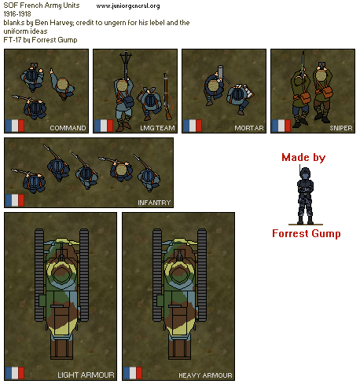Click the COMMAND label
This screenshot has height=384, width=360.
click(x=68, y=128)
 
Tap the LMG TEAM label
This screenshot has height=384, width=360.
click(x=157, y=128)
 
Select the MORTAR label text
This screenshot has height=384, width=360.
click(x=249, y=128)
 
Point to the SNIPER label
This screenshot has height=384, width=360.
click(x=341, y=128)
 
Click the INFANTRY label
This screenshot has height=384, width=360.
click(x=154, y=203)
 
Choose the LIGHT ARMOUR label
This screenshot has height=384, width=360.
click(x=86, y=375)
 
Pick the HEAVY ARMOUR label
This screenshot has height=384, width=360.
click(x=205, y=375)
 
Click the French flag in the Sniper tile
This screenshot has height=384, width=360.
click(x=281, y=126)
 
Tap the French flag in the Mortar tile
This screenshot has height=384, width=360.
click(x=193, y=126)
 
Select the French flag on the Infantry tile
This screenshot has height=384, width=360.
click(x=15, y=200)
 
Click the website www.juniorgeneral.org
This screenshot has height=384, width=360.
click(x=128, y=5)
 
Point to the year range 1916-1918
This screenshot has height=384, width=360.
click(x=17, y=14)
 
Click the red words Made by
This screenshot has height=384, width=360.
click(x=303, y=157)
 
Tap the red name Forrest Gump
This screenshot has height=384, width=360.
click(x=307, y=233)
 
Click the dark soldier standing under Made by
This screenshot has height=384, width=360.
click(x=305, y=195)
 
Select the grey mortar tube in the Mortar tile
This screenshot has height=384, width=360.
click(x=221, y=72)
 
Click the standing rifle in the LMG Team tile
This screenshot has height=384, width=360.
click(x=167, y=97)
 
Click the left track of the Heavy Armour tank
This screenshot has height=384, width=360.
click(x=157, y=275)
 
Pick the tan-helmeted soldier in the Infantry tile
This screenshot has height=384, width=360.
click(x=121, y=170)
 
